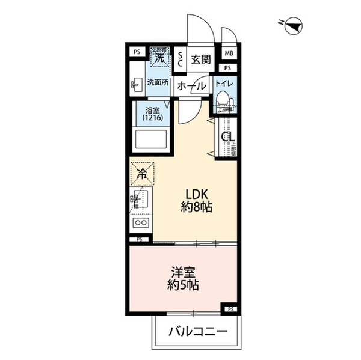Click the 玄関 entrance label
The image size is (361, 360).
[x=200, y=59]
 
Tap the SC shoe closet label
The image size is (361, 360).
[x=180, y=59]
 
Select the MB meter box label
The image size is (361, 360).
[x=229, y=53]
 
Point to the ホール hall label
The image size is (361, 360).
[x=191, y=86]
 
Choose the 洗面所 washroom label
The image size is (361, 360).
[x=158, y=83]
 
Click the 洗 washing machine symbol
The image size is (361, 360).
[x=159, y=58]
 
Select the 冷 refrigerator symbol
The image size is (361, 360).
[x=143, y=175]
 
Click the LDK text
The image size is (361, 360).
[x=196, y=196]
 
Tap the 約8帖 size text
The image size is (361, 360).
[x=196, y=209]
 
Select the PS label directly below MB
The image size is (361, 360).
[x=229, y=68]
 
